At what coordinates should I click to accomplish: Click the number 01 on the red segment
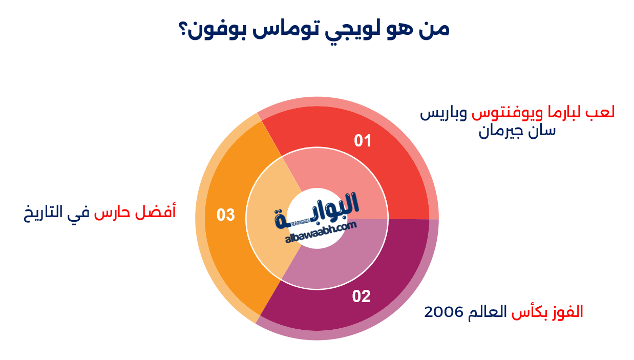363,141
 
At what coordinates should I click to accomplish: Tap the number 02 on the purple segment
362,297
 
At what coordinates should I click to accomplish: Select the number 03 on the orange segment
225,215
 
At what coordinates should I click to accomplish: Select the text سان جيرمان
517,132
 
